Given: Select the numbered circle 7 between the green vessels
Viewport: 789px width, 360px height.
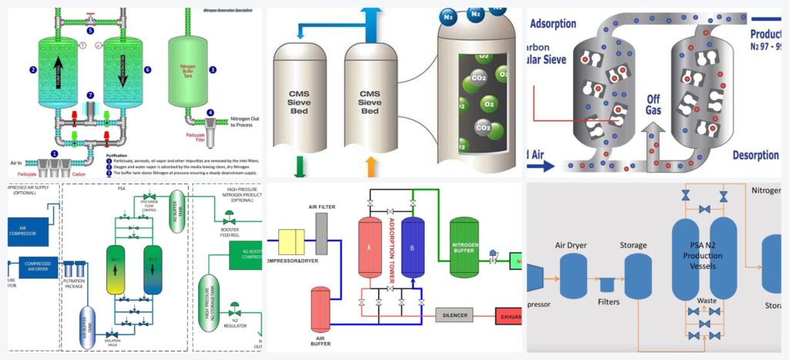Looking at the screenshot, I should click(x=90, y=95).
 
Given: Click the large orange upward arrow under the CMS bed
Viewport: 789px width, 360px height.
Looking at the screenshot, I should click(x=370, y=167).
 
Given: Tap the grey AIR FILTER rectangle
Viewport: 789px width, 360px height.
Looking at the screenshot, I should click(x=321, y=233).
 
